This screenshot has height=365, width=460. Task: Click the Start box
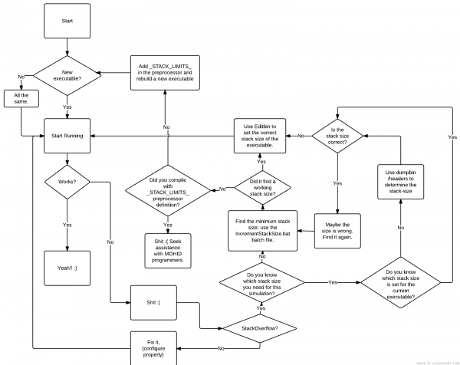pyautogui.click(x=67, y=21)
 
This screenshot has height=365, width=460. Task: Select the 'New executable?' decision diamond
pyautogui.click(x=67, y=75)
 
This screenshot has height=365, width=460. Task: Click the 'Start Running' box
pyautogui.click(x=67, y=135)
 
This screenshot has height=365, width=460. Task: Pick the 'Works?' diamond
pyautogui.click(x=67, y=182)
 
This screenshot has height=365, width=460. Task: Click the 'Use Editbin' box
pyautogui.click(x=261, y=135)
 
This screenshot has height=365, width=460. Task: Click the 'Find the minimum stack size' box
pyautogui.click(x=261, y=228)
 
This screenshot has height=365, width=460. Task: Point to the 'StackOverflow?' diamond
pyautogui.click(x=261, y=327)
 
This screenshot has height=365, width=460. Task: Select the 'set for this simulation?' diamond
pyautogui.click(x=261, y=282)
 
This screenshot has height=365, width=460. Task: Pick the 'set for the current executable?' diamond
pyautogui.click(x=400, y=282)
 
